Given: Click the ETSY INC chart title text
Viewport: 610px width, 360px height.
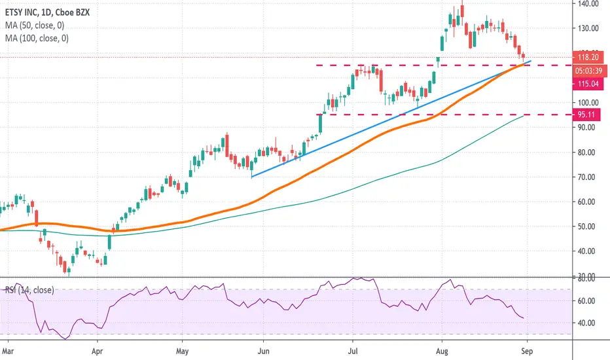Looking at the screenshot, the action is (x=48, y=12).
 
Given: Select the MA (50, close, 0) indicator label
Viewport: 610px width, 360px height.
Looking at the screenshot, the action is (x=35, y=26).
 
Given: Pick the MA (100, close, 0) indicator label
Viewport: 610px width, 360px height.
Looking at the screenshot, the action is (x=37, y=38).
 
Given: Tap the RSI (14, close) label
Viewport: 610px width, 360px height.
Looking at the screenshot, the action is (x=29, y=290).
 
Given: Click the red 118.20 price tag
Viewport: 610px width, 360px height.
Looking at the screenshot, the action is (x=588, y=57).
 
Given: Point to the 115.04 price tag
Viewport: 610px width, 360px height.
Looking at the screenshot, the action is (x=588, y=84).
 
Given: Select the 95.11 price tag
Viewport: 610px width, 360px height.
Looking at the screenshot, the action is (x=586, y=115).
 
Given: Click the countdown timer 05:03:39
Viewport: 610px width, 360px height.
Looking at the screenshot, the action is (x=589, y=71).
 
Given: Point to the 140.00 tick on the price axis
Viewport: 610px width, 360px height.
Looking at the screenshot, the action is (x=588, y=4).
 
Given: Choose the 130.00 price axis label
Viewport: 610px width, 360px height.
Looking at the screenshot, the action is (x=588, y=28).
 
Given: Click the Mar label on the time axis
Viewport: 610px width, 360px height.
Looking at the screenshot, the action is (x=8, y=351).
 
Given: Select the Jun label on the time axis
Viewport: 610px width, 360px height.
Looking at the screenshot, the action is (x=263, y=351).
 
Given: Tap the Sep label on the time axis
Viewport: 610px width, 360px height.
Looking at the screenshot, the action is (x=526, y=351).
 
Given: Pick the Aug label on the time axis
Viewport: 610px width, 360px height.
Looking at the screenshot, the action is (x=442, y=351).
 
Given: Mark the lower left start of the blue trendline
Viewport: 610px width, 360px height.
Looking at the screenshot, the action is (x=252, y=177).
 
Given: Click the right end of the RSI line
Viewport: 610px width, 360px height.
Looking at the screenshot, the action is (x=523, y=318).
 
